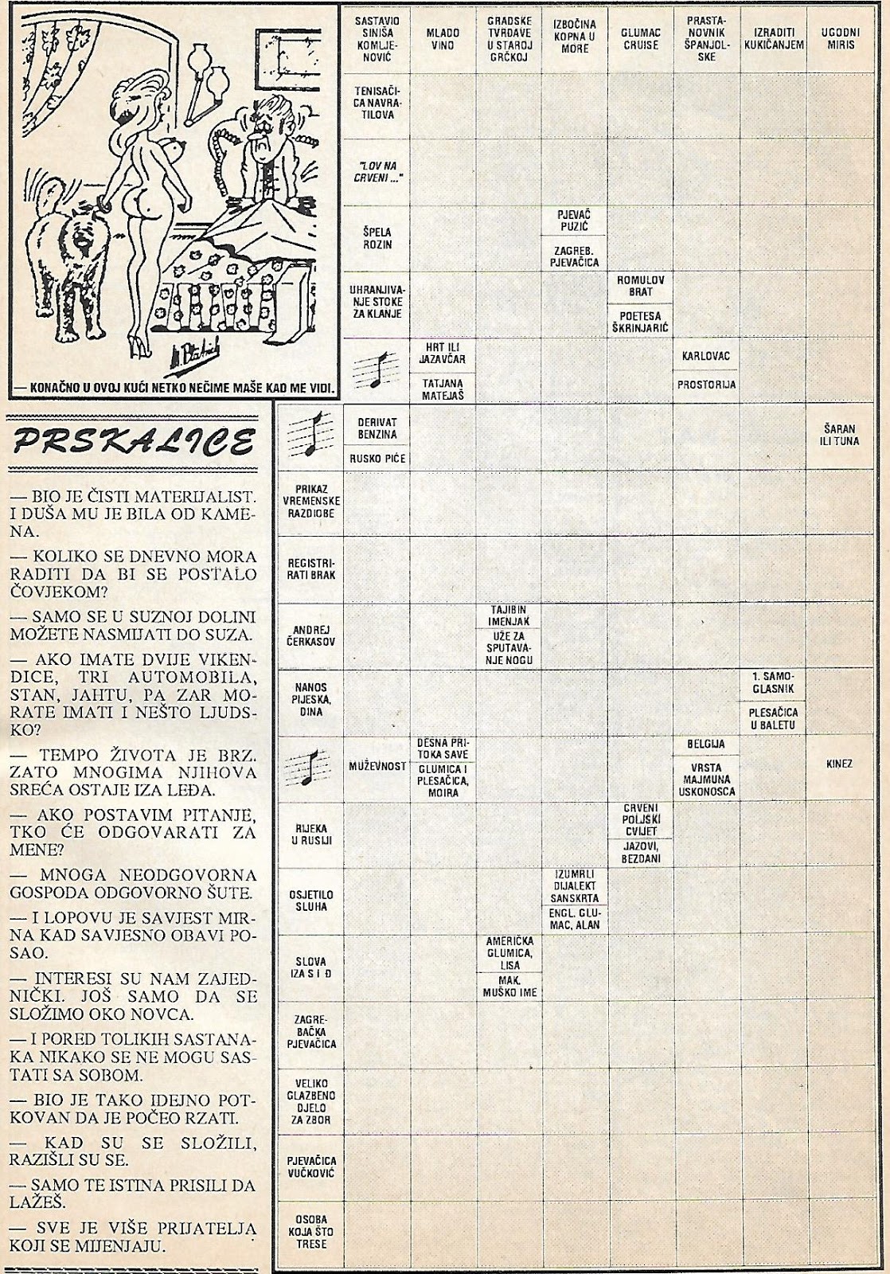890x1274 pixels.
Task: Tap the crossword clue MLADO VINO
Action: [443, 40]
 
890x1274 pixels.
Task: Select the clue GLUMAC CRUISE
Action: [640, 40]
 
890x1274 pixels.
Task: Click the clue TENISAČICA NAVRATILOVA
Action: [377, 104]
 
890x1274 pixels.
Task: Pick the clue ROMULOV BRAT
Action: [641, 287]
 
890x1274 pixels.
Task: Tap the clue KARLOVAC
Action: [706, 356]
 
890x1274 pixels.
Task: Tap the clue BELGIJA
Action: [705, 744]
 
